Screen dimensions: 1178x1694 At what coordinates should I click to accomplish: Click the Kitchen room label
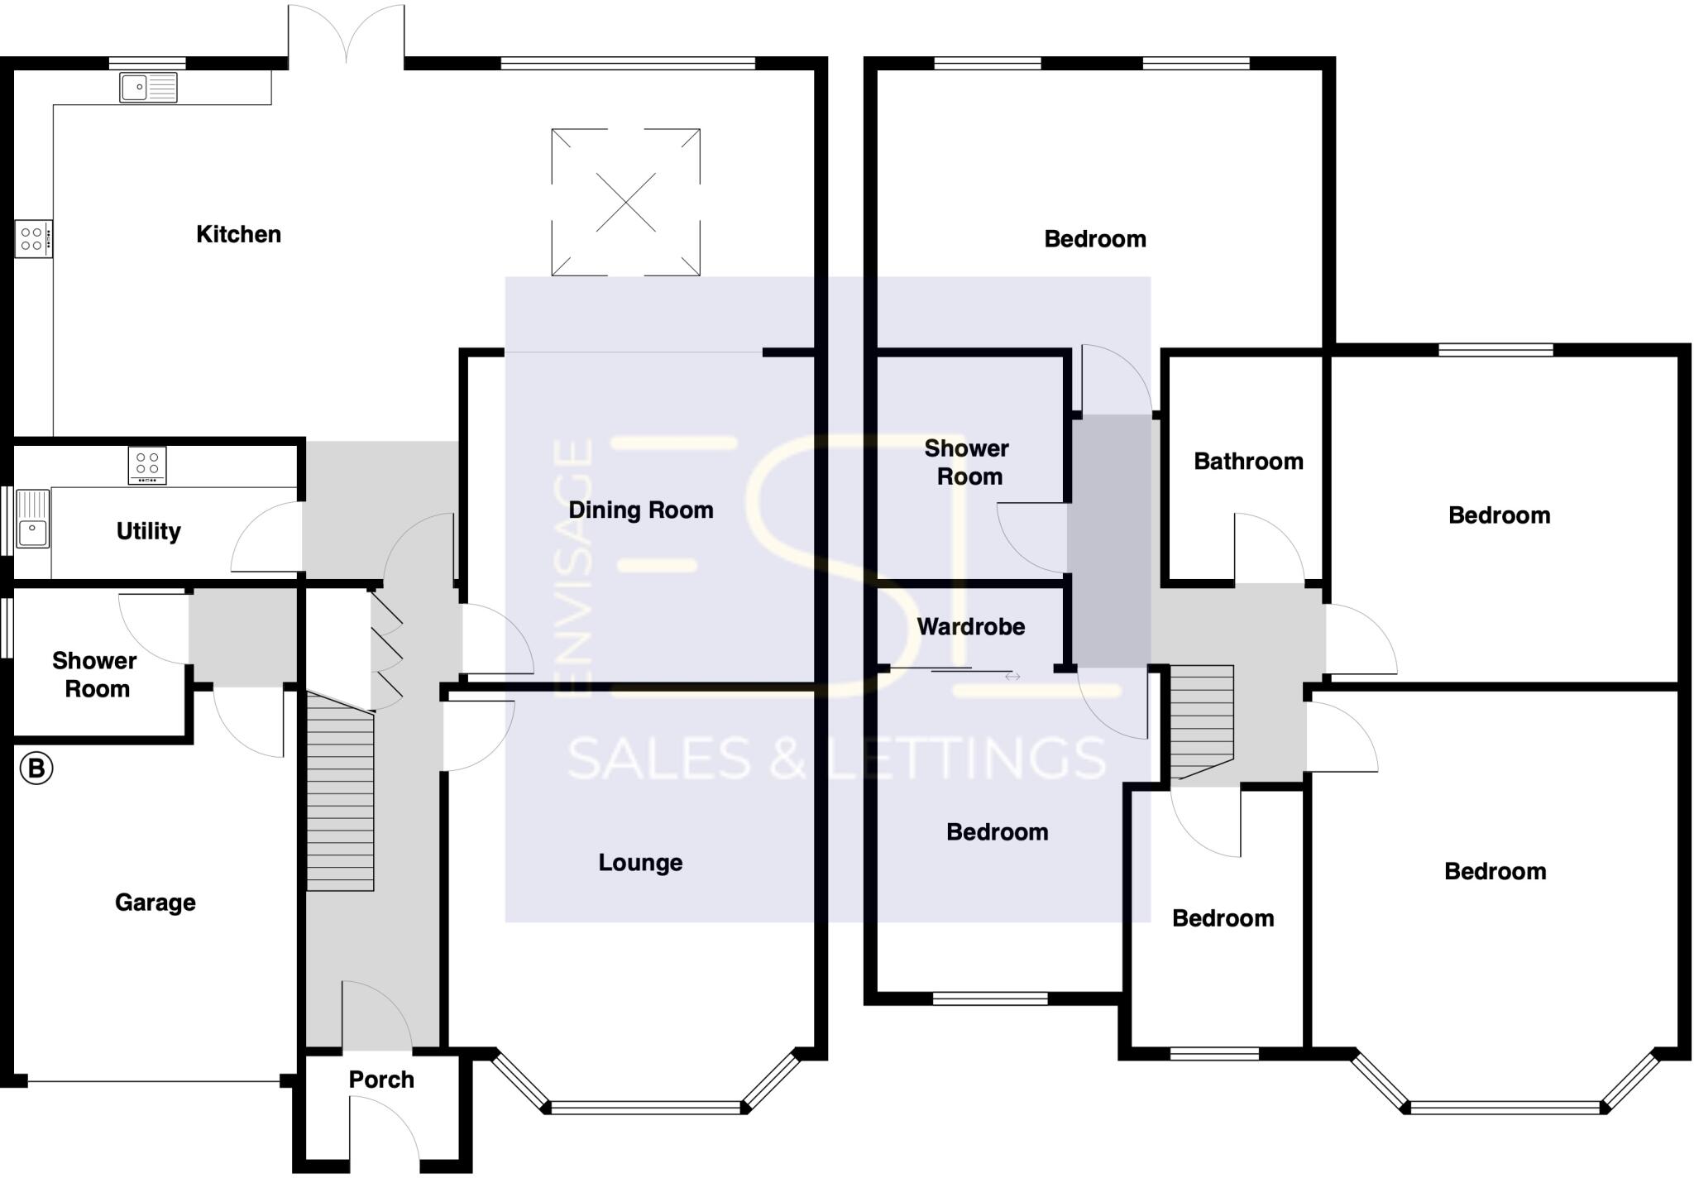238,234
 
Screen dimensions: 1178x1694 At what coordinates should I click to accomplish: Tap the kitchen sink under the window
148,87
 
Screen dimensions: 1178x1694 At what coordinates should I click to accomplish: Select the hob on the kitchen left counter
33,239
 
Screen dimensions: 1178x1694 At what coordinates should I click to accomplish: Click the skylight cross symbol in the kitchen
626,202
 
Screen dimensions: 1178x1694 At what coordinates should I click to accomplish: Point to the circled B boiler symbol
36,768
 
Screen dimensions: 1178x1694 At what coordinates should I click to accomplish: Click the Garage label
156,902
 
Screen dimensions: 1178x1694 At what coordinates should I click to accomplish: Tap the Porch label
380,1080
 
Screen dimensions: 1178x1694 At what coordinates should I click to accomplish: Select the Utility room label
148,531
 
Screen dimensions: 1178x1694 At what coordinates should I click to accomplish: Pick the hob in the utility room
147,465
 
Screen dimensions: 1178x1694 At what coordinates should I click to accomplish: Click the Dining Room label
640,510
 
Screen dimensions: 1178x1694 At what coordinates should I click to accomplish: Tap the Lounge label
640,863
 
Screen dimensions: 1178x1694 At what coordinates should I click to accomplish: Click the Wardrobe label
970,627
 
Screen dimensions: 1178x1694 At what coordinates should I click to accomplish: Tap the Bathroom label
1248,462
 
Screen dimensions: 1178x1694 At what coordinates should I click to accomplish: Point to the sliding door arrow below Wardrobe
1012,677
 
